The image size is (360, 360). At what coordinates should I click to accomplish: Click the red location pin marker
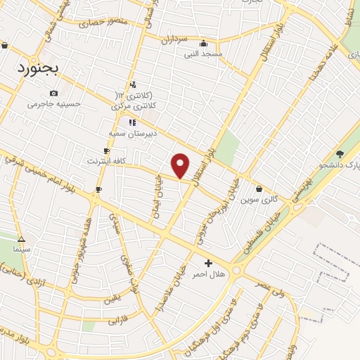tap(181, 166)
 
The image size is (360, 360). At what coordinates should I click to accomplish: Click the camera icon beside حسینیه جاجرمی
tap(54, 93)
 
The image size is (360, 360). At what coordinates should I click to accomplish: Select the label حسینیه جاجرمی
tap(54, 104)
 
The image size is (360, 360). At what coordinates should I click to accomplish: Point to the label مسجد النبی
tap(203, 53)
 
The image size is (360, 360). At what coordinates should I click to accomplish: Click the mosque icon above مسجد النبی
tap(203, 42)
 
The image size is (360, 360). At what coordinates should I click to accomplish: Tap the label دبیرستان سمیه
tap(131, 132)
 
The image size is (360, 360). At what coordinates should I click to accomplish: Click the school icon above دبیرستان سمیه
tap(131, 122)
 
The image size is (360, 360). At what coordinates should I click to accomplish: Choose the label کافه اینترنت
tap(106, 161)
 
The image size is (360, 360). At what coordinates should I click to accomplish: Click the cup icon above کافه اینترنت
tap(106, 150)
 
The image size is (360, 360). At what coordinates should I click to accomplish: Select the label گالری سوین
tap(259, 200)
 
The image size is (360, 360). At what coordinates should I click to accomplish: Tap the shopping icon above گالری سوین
tap(259, 188)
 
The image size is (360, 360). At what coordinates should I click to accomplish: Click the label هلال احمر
tap(208, 274)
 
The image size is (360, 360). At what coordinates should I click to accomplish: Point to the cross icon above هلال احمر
tap(208, 263)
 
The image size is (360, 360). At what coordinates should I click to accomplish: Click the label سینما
tap(21, 250)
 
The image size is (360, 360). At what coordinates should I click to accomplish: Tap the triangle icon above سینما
tap(21, 239)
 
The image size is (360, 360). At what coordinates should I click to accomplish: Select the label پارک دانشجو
tap(340, 165)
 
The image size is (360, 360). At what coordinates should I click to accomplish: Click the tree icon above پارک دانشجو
tap(340, 154)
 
